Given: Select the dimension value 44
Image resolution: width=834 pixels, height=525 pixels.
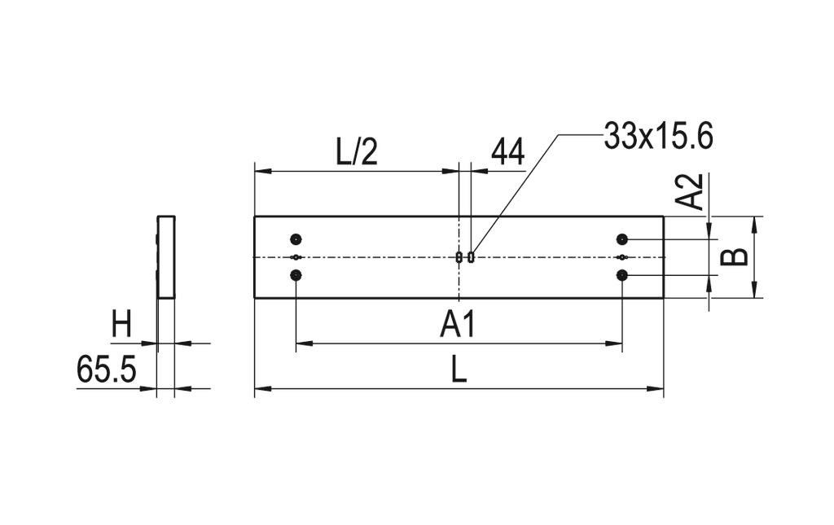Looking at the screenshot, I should pos(507,153).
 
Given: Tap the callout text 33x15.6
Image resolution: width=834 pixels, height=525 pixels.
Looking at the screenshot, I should pos(658,137).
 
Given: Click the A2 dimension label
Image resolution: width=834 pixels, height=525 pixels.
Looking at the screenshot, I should pos(691,192).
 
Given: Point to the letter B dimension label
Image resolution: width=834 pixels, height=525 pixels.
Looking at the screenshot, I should pos(735,257).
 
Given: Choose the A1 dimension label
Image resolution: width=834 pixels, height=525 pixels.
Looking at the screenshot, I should pos(458,326).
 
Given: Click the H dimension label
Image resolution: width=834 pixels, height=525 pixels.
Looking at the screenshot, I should pos(121,326).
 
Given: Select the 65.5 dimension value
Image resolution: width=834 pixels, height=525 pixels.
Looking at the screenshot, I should pos(106,370).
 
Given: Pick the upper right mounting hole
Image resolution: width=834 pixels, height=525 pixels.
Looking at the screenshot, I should pos(622,239).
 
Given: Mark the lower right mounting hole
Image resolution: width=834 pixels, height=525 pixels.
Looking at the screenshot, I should pos(622,276).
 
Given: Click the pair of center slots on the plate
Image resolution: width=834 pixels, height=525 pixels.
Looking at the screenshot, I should pos(465,257).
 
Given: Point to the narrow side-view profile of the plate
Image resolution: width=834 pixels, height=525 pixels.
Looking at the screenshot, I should pos(166,256).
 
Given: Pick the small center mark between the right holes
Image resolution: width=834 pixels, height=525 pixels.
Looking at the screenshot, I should pos(622,257).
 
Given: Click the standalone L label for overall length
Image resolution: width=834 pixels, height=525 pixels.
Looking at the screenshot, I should pos(459,372).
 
